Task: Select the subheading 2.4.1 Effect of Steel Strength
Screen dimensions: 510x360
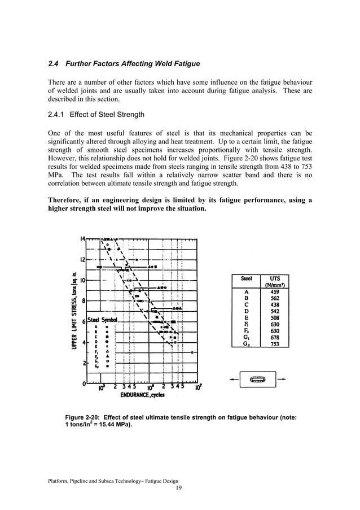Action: click(96, 115)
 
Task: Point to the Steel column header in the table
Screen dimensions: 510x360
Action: click(246, 278)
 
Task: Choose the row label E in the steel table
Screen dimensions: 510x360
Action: click(246, 317)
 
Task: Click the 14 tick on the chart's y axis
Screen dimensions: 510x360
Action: click(82, 239)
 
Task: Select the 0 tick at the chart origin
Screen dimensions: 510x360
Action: click(84, 383)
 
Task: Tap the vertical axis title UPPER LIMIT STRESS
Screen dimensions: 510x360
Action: click(74, 308)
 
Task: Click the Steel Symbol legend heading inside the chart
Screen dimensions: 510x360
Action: click(102, 320)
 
